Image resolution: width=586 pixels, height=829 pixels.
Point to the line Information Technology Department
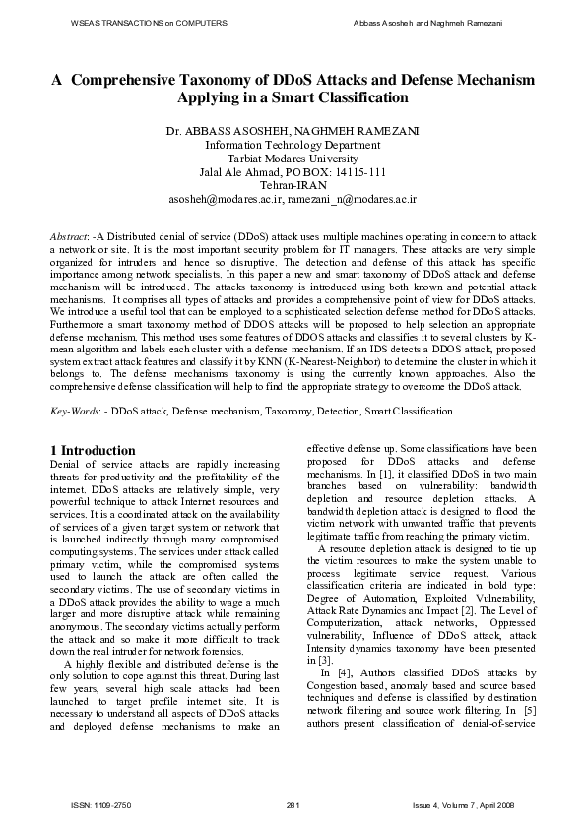pyautogui.click(x=293, y=144)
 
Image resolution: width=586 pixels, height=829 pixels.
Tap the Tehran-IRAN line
pyautogui.click(x=293, y=184)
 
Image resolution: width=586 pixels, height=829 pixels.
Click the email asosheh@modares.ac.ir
pyautogui.click(x=226, y=198)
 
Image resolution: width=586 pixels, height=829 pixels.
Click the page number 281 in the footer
pyautogui.click(x=292, y=806)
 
